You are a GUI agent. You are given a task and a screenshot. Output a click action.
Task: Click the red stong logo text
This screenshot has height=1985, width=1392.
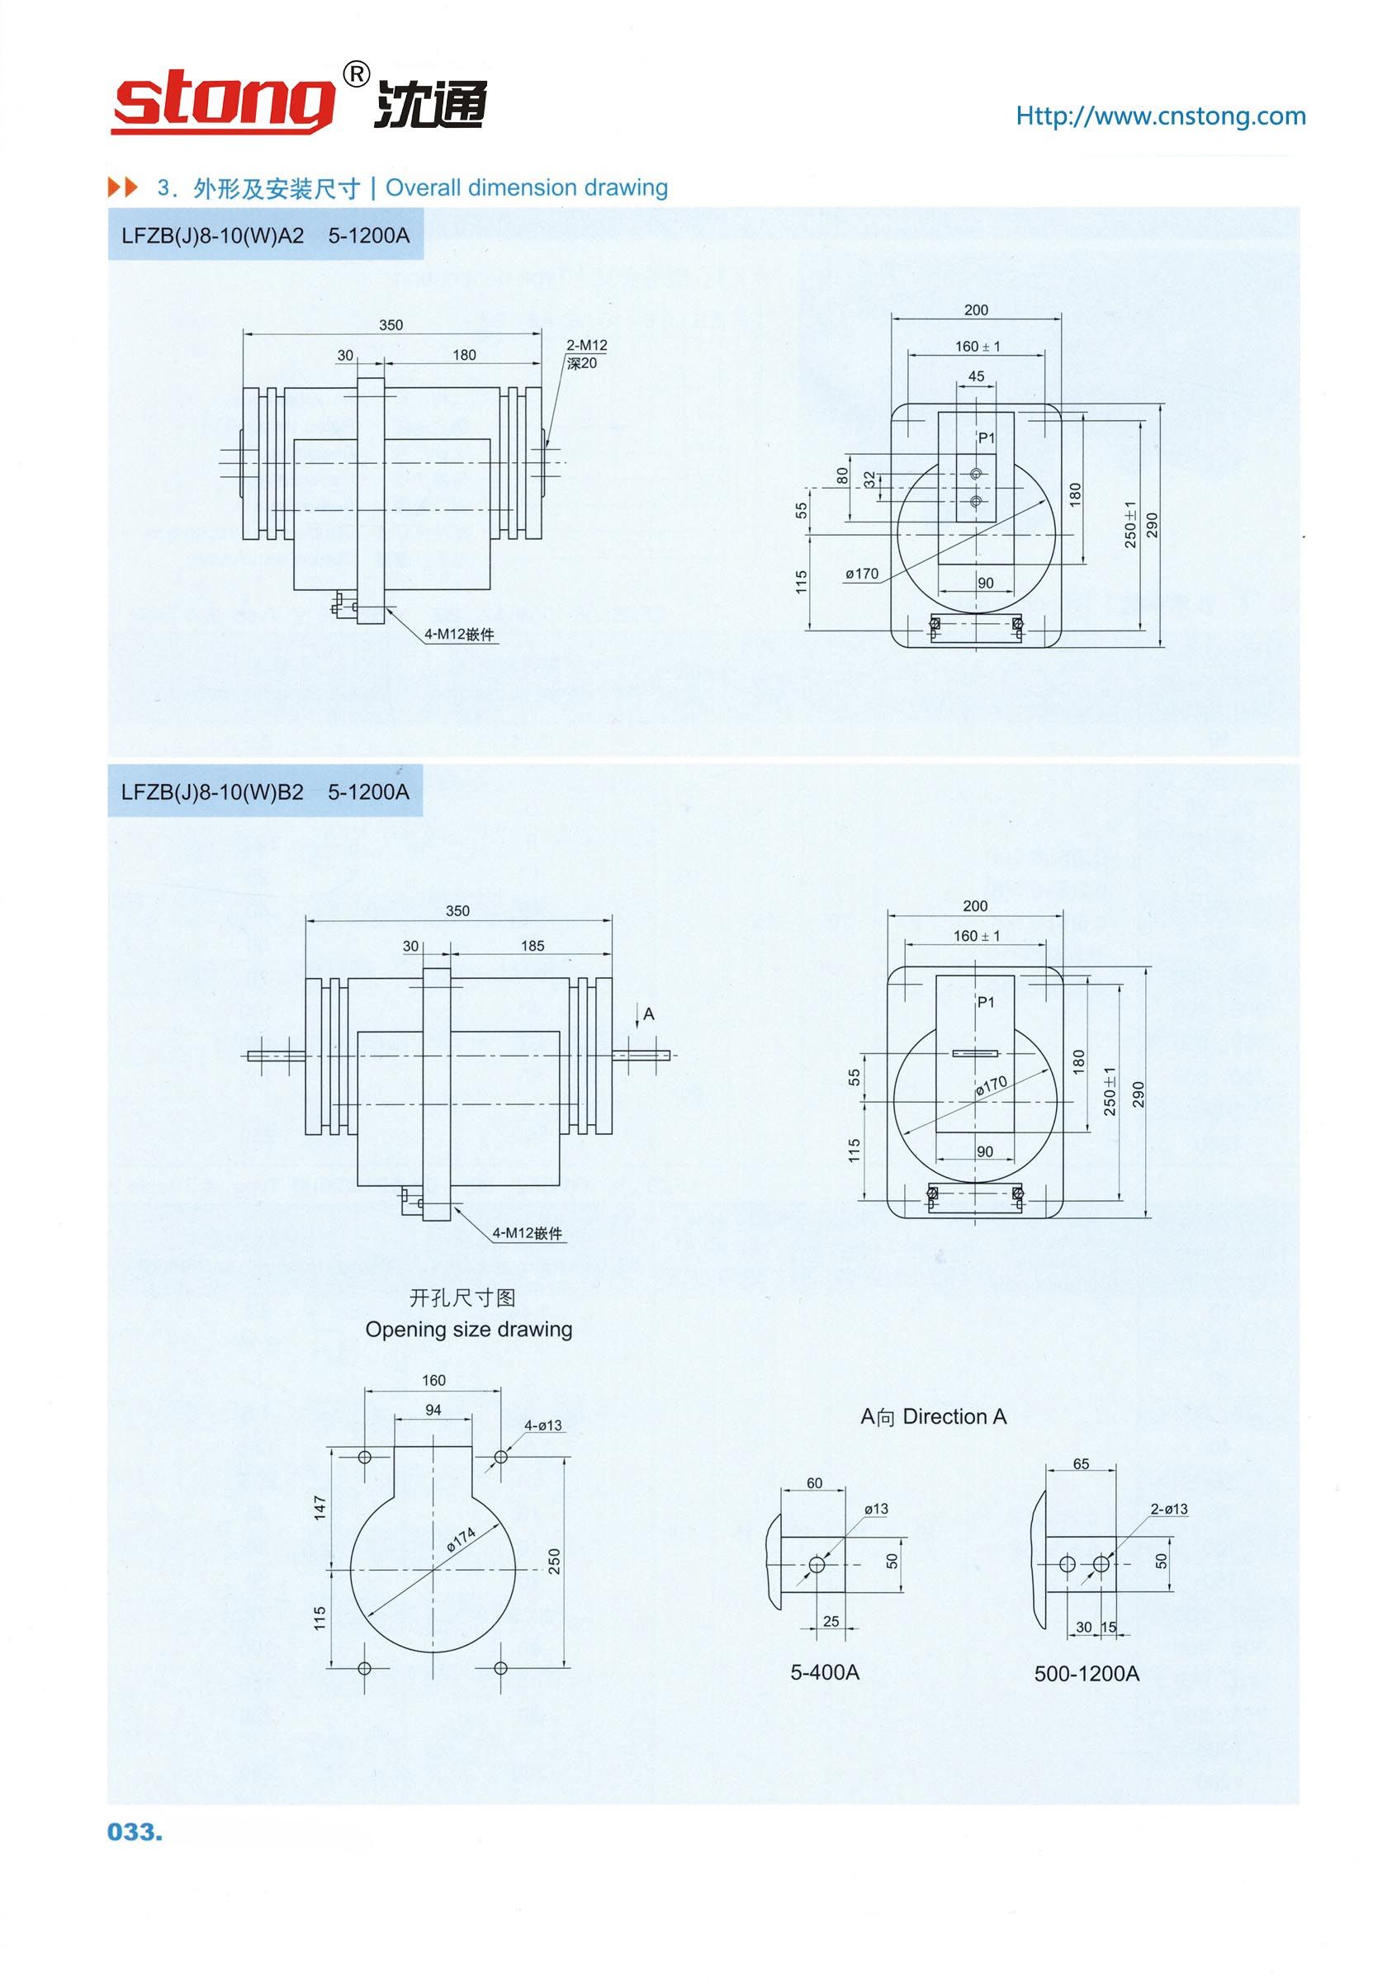point(223,105)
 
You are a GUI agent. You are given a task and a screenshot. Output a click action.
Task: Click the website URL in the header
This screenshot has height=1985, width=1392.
point(1160,116)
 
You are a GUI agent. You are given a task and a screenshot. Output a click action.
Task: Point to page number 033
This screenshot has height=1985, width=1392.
point(135,1832)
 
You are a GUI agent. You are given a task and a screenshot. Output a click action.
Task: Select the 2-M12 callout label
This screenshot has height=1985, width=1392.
point(586,345)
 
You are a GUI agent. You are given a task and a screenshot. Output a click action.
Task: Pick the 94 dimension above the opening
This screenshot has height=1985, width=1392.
point(433,1410)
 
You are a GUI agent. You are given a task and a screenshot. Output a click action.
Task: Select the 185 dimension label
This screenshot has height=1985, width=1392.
point(533,946)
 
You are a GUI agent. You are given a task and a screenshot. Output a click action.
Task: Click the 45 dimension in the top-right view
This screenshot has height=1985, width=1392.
point(976,377)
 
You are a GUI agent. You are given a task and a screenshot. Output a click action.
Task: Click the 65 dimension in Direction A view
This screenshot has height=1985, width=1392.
point(1081,1463)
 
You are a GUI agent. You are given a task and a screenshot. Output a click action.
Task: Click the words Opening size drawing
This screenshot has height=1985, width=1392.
point(469,1329)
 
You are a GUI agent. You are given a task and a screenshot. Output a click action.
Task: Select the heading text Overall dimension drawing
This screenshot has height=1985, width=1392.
point(527,187)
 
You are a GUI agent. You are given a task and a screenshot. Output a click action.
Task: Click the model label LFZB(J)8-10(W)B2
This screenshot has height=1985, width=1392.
point(213,792)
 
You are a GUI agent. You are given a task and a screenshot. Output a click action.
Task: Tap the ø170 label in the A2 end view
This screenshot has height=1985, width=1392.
point(862,573)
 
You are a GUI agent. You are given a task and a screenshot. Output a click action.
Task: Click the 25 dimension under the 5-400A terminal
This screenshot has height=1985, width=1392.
point(831,1621)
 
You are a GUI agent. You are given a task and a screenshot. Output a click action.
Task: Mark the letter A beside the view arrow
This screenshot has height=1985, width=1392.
point(649,1014)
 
